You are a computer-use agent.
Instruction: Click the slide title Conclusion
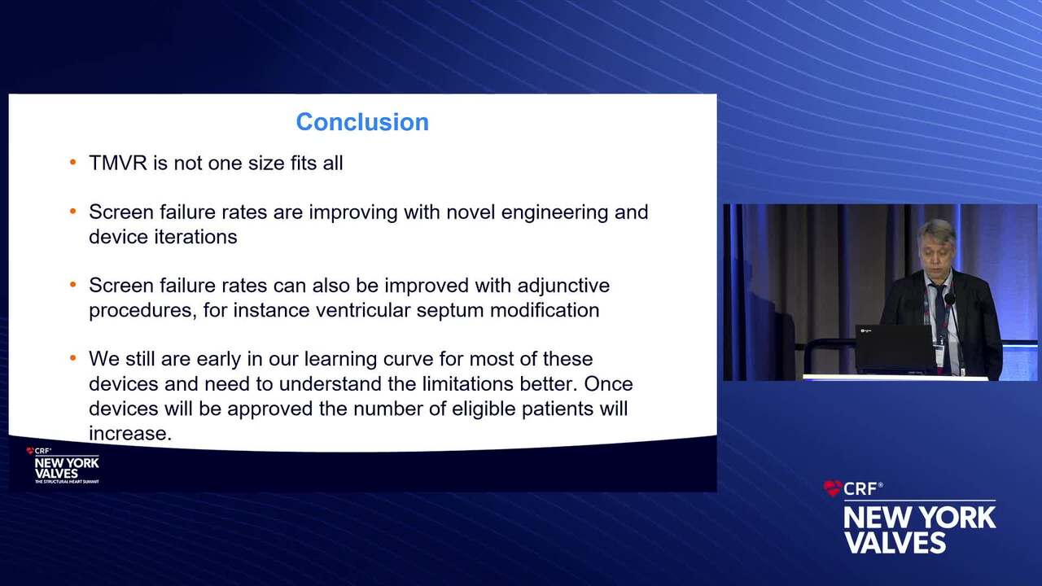pyautogui.click(x=362, y=122)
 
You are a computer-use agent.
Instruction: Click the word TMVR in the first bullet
pyautogui.click(x=118, y=164)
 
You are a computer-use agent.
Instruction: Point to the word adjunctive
pyautogui.click(x=563, y=286)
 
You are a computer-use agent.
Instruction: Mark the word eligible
pyautogui.click(x=484, y=409)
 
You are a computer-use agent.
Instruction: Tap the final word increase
pyautogui.click(x=130, y=434)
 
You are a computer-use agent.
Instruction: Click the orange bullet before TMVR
pyautogui.click(x=73, y=162)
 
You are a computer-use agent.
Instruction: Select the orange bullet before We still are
pyautogui.click(x=73, y=358)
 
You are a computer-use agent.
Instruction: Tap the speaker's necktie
pyautogui.click(x=940, y=317)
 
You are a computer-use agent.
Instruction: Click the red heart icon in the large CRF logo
pyautogui.click(x=832, y=488)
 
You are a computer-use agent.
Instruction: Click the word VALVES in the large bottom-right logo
pyautogui.click(x=895, y=542)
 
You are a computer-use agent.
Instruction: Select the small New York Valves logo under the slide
pyautogui.click(x=63, y=466)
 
